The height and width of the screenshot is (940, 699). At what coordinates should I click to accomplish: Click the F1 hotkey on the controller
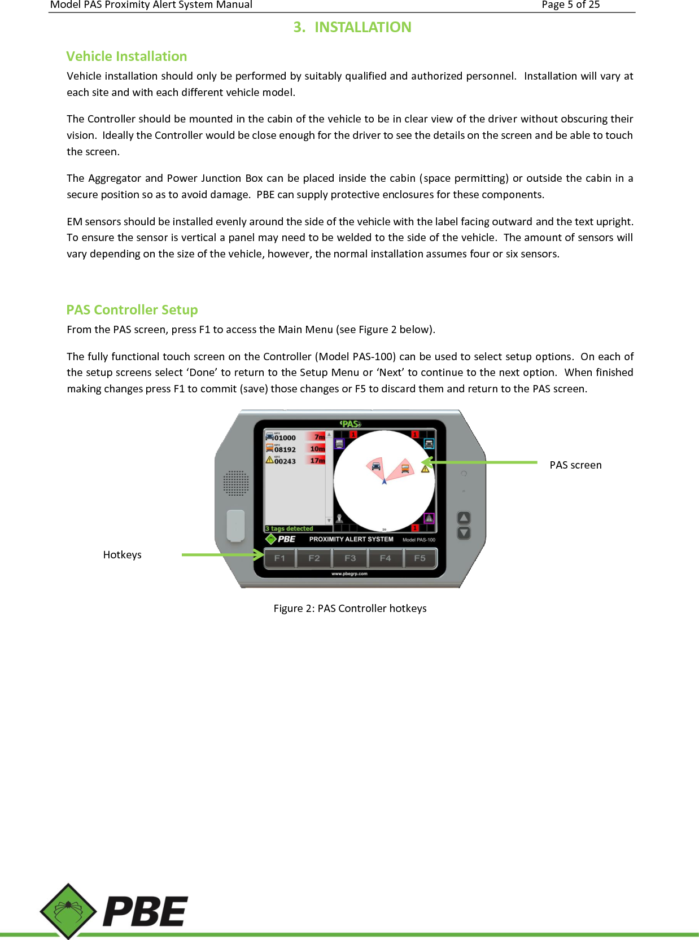point(280,558)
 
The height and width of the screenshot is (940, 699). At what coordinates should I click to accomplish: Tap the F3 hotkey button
point(350,558)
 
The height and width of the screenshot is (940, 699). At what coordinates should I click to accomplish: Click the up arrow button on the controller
point(464,518)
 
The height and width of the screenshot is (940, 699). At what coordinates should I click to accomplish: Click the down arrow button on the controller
point(464,533)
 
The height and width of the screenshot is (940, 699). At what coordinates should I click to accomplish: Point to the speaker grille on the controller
point(235,483)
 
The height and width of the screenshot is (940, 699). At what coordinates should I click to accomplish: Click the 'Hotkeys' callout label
point(122,555)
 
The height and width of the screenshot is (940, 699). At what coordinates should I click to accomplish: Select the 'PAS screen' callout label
point(575,465)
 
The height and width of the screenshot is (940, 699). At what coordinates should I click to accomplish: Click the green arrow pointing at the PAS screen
point(480,462)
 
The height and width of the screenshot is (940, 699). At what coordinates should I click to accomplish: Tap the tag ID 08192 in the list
point(285,450)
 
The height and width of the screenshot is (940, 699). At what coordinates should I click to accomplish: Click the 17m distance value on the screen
point(317,461)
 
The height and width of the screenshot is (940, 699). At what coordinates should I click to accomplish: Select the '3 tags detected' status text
point(289,529)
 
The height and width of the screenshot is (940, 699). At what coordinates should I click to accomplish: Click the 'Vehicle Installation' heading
point(126,56)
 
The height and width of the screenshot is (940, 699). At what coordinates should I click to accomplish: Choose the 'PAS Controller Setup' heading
point(132,310)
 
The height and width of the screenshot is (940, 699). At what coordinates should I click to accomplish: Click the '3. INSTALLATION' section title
point(352,27)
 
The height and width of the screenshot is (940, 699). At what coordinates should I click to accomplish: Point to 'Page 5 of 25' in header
point(570,5)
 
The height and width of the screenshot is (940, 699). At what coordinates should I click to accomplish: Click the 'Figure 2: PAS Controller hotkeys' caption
point(350,609)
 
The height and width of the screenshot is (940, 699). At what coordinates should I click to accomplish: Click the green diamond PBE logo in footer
point(68,911)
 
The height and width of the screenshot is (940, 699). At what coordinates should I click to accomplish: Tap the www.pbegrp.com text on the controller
point(349,574)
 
